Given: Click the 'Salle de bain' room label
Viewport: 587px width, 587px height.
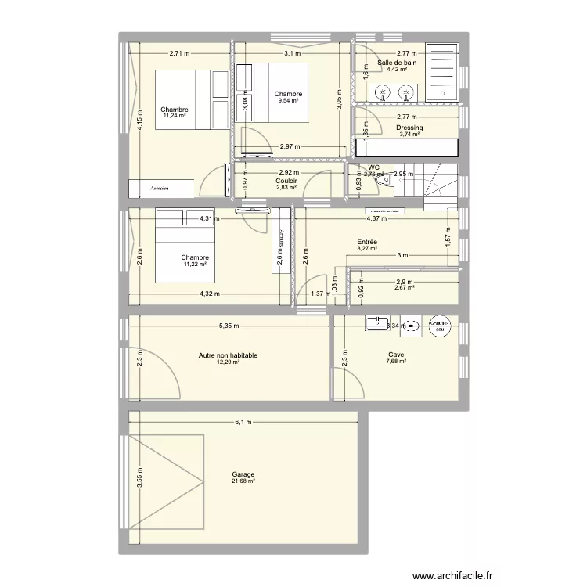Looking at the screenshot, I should tap(397, 63).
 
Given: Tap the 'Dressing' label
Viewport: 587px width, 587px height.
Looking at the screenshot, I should tap(409, 128).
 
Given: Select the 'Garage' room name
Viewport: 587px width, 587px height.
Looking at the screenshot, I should tap(243, 474).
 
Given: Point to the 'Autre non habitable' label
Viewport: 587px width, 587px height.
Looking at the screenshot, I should tap(229, 355).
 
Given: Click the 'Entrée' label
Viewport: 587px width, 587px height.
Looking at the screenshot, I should tap(367, 243).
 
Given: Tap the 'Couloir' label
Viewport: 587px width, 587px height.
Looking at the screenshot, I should tap(287, 181).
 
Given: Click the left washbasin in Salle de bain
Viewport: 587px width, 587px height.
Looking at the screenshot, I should tap(383, 92).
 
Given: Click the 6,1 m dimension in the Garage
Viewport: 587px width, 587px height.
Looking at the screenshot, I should tap(243, 423).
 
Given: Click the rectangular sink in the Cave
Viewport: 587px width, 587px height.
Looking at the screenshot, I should tap(376, 322).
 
